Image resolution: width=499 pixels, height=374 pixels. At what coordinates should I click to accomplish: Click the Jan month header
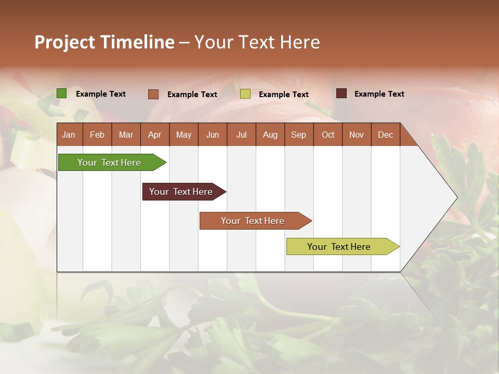point(69,135)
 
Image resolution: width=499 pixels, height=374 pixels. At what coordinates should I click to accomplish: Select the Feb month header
point(97,135)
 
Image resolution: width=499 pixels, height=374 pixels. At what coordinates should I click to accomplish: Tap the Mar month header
point(126,135)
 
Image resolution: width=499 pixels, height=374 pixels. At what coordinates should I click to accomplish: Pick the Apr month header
point(154,135)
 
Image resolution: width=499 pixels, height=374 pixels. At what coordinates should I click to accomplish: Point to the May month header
point(183,135)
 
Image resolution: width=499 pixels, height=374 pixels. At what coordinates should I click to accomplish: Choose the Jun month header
point(213,135)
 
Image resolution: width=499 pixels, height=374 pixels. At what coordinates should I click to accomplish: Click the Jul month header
point(241,135)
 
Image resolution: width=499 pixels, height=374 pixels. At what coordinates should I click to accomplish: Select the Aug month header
point(270,135)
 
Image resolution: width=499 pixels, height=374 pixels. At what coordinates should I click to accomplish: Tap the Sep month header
point(299,135)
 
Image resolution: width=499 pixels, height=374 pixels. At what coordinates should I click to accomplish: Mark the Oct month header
point(328,135)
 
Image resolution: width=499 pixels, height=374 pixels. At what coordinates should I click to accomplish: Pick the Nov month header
point(357,135)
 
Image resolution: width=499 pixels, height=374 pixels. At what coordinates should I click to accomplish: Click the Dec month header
point(386,135)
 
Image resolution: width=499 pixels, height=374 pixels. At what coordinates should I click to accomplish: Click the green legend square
point(62,94)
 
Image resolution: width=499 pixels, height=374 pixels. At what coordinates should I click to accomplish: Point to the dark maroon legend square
point(342,94)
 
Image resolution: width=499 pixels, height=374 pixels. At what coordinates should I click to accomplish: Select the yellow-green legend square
point(245,94)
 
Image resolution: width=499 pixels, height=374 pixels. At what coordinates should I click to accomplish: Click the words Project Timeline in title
point(104,42)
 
